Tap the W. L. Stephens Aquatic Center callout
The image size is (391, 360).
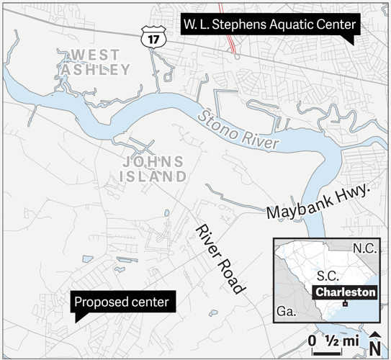268,24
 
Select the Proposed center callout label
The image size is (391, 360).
123,302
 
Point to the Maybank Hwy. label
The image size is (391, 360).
318,202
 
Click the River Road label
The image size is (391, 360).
217,257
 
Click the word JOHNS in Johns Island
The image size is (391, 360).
153,161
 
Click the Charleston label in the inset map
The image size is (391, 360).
346,292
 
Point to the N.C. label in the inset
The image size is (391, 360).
364,248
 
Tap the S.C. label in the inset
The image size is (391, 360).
328,275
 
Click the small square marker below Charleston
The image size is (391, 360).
346,304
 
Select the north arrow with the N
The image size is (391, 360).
375,343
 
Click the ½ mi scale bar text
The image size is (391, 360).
338,341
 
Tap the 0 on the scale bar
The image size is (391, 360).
313,341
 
